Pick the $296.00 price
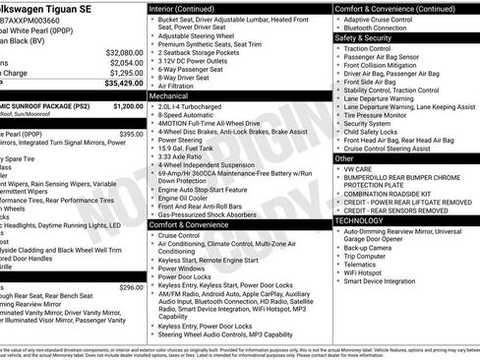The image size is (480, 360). point(131,287)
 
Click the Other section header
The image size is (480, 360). point(345,157)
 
